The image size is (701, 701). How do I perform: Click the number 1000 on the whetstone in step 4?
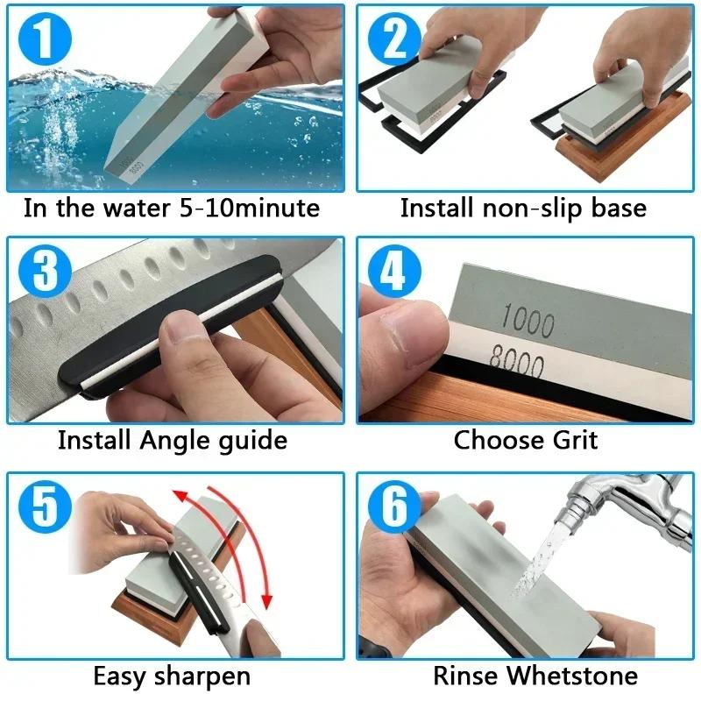coord(528,322)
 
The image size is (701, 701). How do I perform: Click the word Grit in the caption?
coord(571,439)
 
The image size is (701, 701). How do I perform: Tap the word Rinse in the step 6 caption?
coord(466,676)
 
